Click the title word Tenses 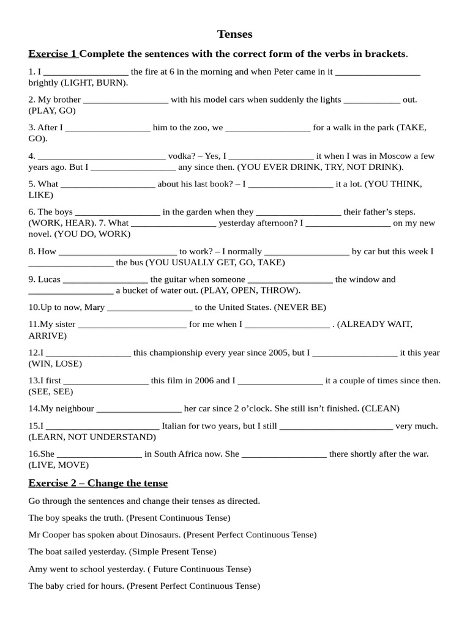(x=235, y=34)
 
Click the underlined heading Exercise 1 (x=53, y=54)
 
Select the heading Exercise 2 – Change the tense (x=98, y=483)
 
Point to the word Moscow (x=401, y=156)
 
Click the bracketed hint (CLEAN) (x=381, y=408)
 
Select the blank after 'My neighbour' (x=139, y=409)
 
